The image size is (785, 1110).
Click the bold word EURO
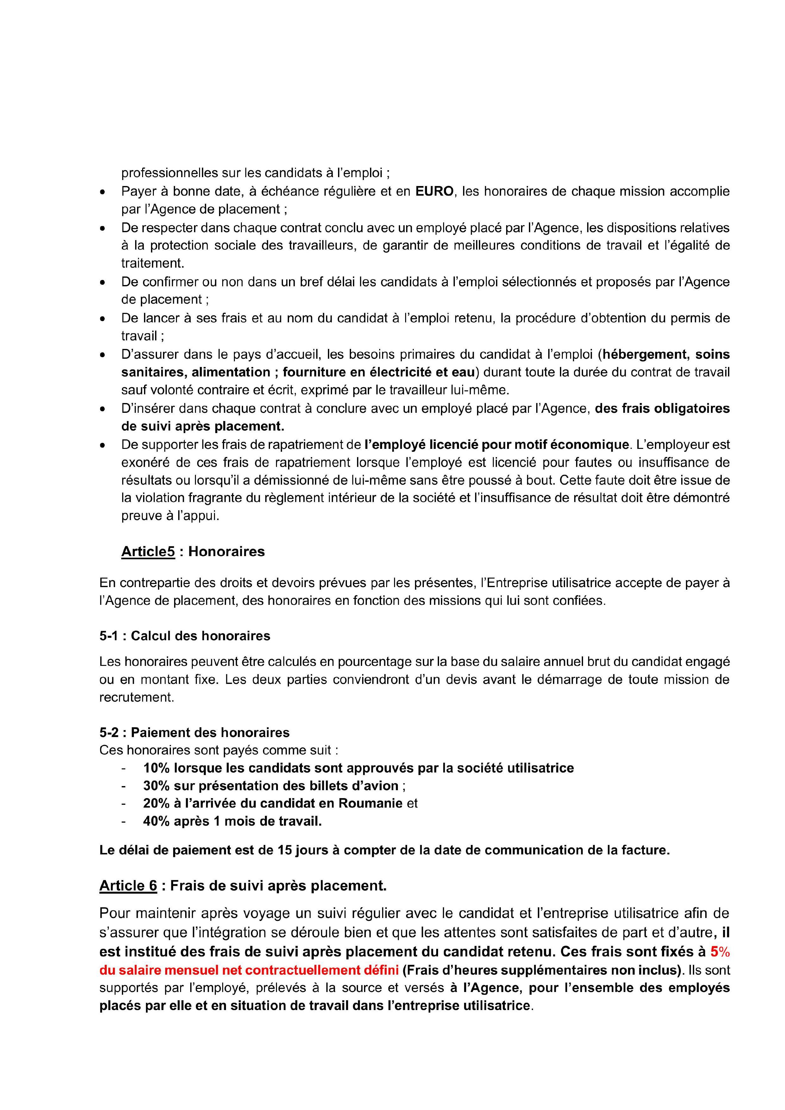[x=434, y=191]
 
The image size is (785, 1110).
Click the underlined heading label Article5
[x=148, y=552]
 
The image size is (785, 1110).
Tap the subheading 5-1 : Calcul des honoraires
[x=185, y=636]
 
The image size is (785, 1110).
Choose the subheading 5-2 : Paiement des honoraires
[x=194, y=732]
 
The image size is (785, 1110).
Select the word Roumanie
[x=370, y=803]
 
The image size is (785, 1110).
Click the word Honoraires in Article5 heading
[x=226, y=552]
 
